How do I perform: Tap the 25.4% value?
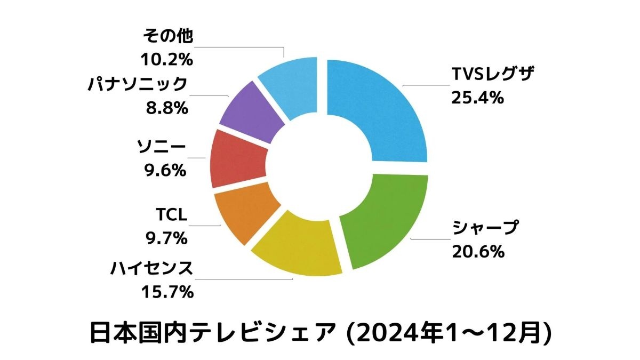[x=478, y=98]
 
